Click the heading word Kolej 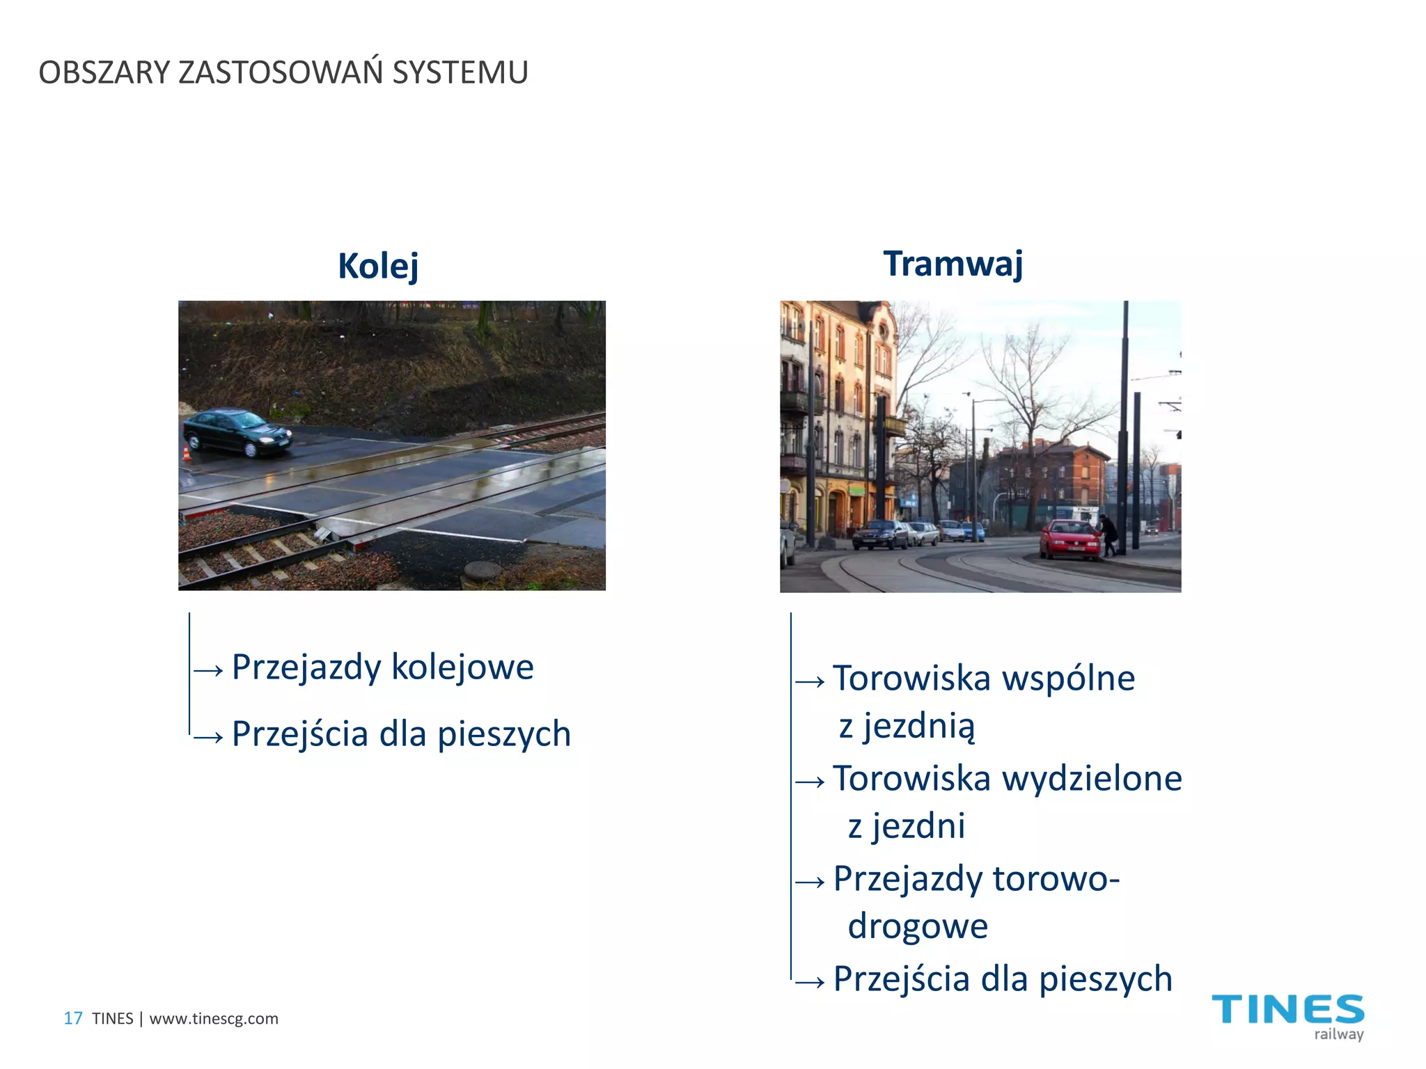378,266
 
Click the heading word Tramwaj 953,264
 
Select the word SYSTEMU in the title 460,72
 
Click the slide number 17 73,1018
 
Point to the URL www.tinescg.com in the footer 214,1018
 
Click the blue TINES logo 1288,1010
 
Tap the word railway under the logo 1338,1034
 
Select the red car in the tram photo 1069,539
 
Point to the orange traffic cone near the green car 187,454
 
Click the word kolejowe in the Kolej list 462,667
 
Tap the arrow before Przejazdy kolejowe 209,670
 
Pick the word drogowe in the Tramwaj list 918,926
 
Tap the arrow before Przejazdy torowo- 810,882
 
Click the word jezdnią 919,727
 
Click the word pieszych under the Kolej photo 504,734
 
